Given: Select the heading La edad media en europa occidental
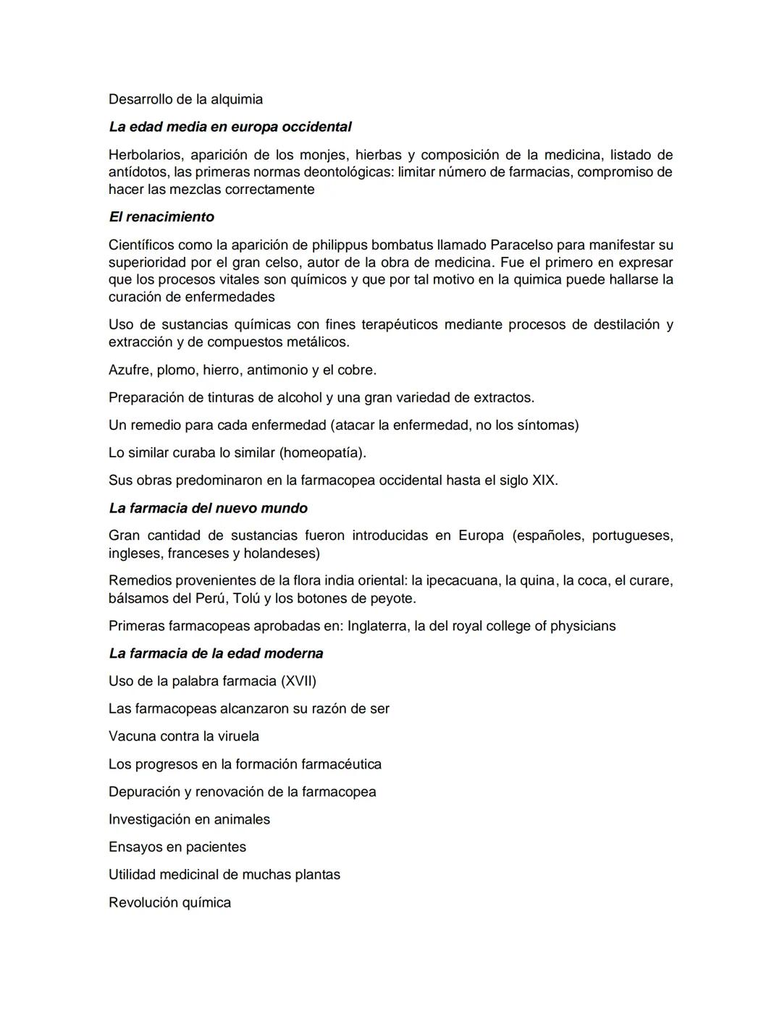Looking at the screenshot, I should [230, 127].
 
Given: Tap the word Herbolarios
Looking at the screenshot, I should [145, 155].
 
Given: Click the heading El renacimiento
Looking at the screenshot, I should [161, 217].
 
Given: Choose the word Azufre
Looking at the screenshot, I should [129, 370].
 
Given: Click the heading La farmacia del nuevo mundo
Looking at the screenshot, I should [209, 508].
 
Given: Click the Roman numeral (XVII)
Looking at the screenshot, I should [298, 681].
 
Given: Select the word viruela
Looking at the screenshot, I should [237, 736].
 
